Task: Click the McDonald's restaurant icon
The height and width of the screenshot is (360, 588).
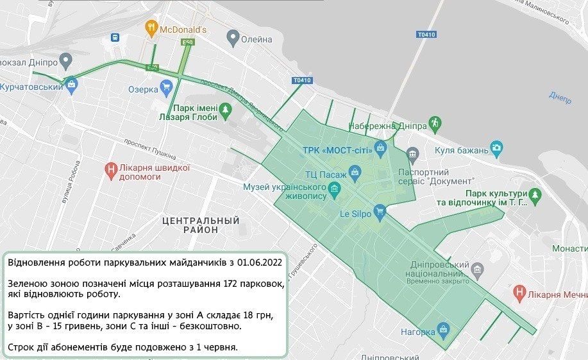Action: click(x=151, y=28)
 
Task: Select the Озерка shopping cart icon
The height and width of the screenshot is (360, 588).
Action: click(x=167, y=85)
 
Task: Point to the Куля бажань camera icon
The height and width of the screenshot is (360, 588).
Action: click(x=496, y=147)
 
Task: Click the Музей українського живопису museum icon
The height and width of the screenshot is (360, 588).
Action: click(x=333, y=189)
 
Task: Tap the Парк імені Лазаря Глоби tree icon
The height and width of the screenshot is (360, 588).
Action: click(x=225, y=112)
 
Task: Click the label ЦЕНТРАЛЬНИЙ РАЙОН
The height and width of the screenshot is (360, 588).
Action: click(x=200, y=225)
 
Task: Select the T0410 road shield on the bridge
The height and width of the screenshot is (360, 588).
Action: click(x=426, y=33)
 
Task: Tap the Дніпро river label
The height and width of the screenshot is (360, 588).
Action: click(x=560, y=96)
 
